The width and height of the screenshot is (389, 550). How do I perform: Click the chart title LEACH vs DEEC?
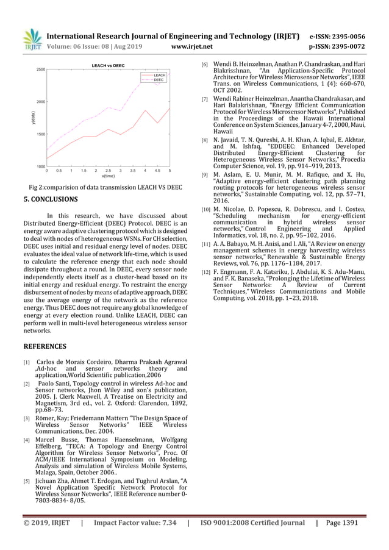tap(108, 65)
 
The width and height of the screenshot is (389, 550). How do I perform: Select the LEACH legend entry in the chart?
tap(159, 75)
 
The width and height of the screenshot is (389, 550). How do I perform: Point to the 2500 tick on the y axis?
tap(40, 70)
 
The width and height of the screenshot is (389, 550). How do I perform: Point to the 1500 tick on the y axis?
tap(40, 134)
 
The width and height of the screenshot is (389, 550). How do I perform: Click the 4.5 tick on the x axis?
tap(157, 171)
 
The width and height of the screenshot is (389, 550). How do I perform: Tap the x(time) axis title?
tap(108, 176)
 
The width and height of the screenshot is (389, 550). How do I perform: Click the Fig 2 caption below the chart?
tap(106, 187)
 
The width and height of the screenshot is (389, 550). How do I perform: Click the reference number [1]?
tap(26, 363)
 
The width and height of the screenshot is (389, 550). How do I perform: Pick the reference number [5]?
tap(26, 481)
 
